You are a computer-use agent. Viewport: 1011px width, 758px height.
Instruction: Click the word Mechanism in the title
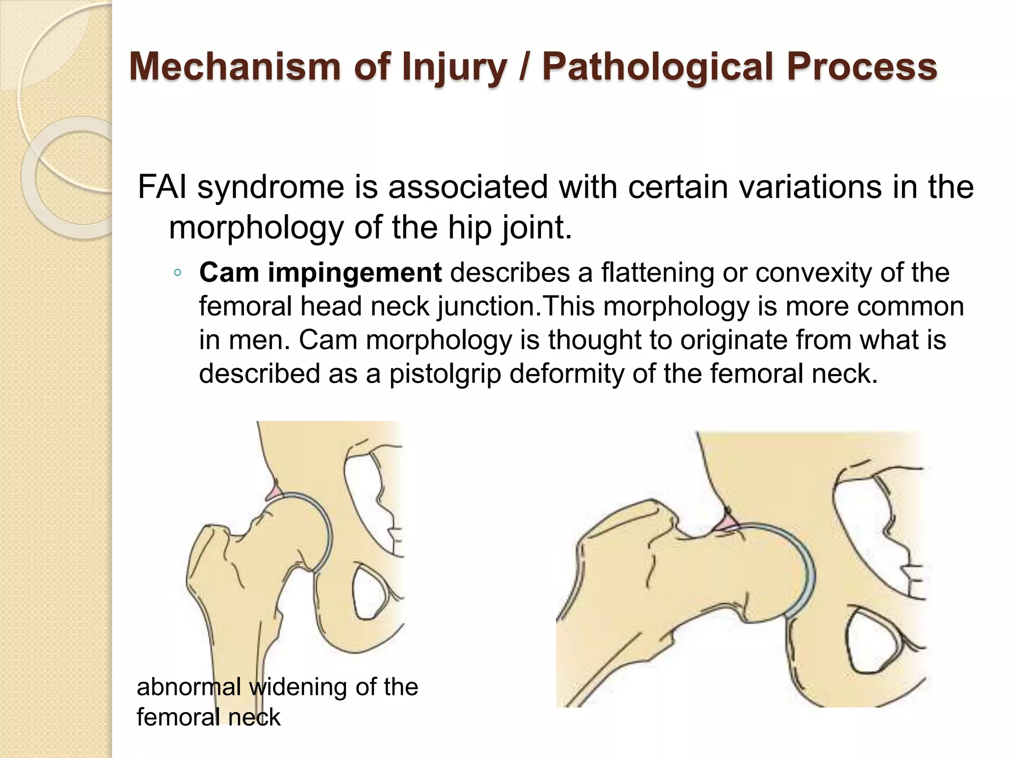(234, 67)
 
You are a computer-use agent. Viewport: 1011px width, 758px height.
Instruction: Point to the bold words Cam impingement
(320, 273)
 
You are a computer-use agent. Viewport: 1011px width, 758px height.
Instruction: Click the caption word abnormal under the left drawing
(189, 687)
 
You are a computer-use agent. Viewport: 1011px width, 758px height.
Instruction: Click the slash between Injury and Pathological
(524, 67)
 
